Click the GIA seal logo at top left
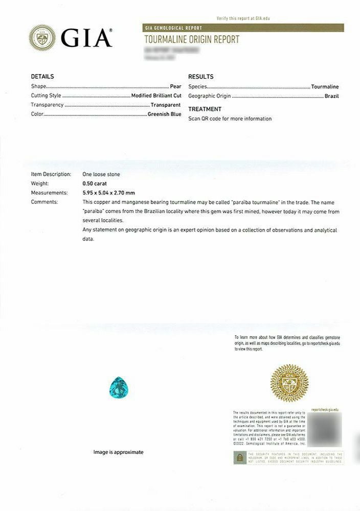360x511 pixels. [42, 38]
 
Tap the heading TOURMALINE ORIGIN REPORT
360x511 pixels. [192, 39]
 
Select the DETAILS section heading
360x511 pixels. [42, 77]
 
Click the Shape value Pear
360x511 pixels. [175, 87]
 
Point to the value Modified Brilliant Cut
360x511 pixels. [156, 96]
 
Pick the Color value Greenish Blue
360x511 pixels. [164, 114]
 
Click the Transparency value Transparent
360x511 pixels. [166, 105]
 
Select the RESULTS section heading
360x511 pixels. [201, 77]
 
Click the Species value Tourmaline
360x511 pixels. [325, 87]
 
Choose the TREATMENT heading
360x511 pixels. [205, 109]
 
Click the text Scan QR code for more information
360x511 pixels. [230, 119]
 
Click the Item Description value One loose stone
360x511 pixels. [101, 174]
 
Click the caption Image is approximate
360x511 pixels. [118, 452]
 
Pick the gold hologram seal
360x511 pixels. [290, 383]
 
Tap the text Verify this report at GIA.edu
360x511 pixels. [243, 18]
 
